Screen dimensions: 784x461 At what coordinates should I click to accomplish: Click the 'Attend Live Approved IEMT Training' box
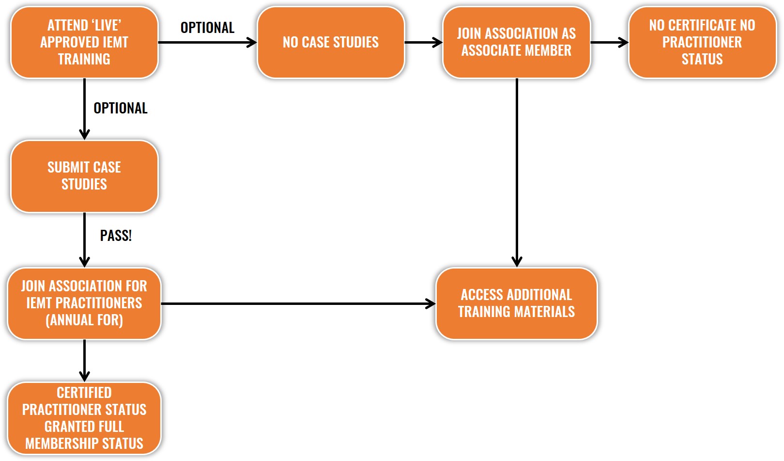84,42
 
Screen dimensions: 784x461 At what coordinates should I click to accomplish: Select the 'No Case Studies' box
331,42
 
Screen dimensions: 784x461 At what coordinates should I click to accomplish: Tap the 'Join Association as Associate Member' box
517,42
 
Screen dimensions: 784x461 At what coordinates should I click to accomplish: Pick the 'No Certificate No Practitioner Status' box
702,42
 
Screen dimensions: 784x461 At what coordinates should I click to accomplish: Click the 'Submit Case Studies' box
84,176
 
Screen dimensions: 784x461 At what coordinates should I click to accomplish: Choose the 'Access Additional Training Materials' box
517,303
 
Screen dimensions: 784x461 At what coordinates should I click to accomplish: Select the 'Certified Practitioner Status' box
84,418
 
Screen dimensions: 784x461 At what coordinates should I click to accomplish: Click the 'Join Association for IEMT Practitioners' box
84,303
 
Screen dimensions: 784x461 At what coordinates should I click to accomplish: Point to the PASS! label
116,236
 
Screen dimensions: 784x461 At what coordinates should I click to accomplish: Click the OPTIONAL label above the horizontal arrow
207,28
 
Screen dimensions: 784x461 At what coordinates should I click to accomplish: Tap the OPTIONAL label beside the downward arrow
121,108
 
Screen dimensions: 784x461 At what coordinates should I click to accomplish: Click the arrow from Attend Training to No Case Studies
208,42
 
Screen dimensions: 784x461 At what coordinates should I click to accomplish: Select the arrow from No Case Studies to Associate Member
424,42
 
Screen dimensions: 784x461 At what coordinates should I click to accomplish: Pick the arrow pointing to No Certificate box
609,42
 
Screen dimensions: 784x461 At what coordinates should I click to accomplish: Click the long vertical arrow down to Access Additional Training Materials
517,173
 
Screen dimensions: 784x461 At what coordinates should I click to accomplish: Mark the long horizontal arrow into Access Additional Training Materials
298,303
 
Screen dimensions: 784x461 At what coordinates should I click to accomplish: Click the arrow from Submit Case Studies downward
84,240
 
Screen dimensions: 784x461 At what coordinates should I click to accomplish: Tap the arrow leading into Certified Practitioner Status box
84,361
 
